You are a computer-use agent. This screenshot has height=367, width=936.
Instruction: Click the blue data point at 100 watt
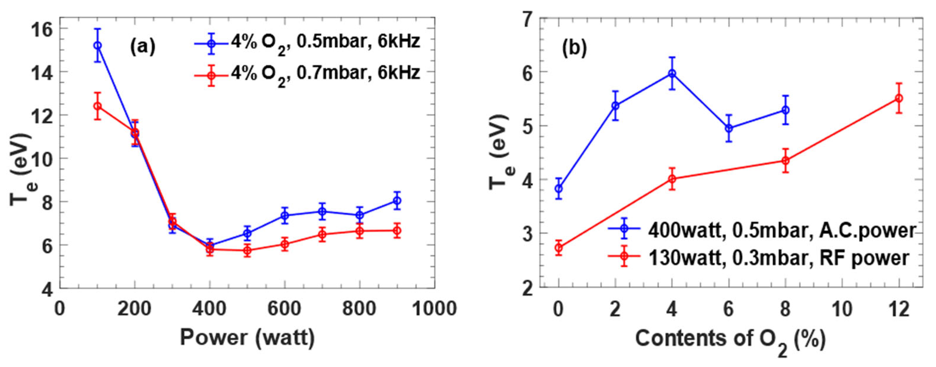pyautogui.click(x=97, y=45)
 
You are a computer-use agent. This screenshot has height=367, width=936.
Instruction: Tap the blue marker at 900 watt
pyautogui.click(x=397, y=200)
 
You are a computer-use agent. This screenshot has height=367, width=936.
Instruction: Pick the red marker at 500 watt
pyautogui.click(x=247, y=250)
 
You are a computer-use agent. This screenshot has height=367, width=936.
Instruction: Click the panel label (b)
pyautogui.click(x=574, y=49)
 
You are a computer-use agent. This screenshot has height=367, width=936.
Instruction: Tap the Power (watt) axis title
pyautogui.click(x=247, y=338)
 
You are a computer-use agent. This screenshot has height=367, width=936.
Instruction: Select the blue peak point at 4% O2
pyautogui.click(x=672, y=73)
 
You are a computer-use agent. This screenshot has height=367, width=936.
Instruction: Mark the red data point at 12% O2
pyautogui.click(x=899, y=98)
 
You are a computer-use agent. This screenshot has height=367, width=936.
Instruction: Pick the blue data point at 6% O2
pyautogui.click(x=729, y=128)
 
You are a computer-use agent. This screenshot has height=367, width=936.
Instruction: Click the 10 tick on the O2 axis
pyautogui.click(x=842, y=309)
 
